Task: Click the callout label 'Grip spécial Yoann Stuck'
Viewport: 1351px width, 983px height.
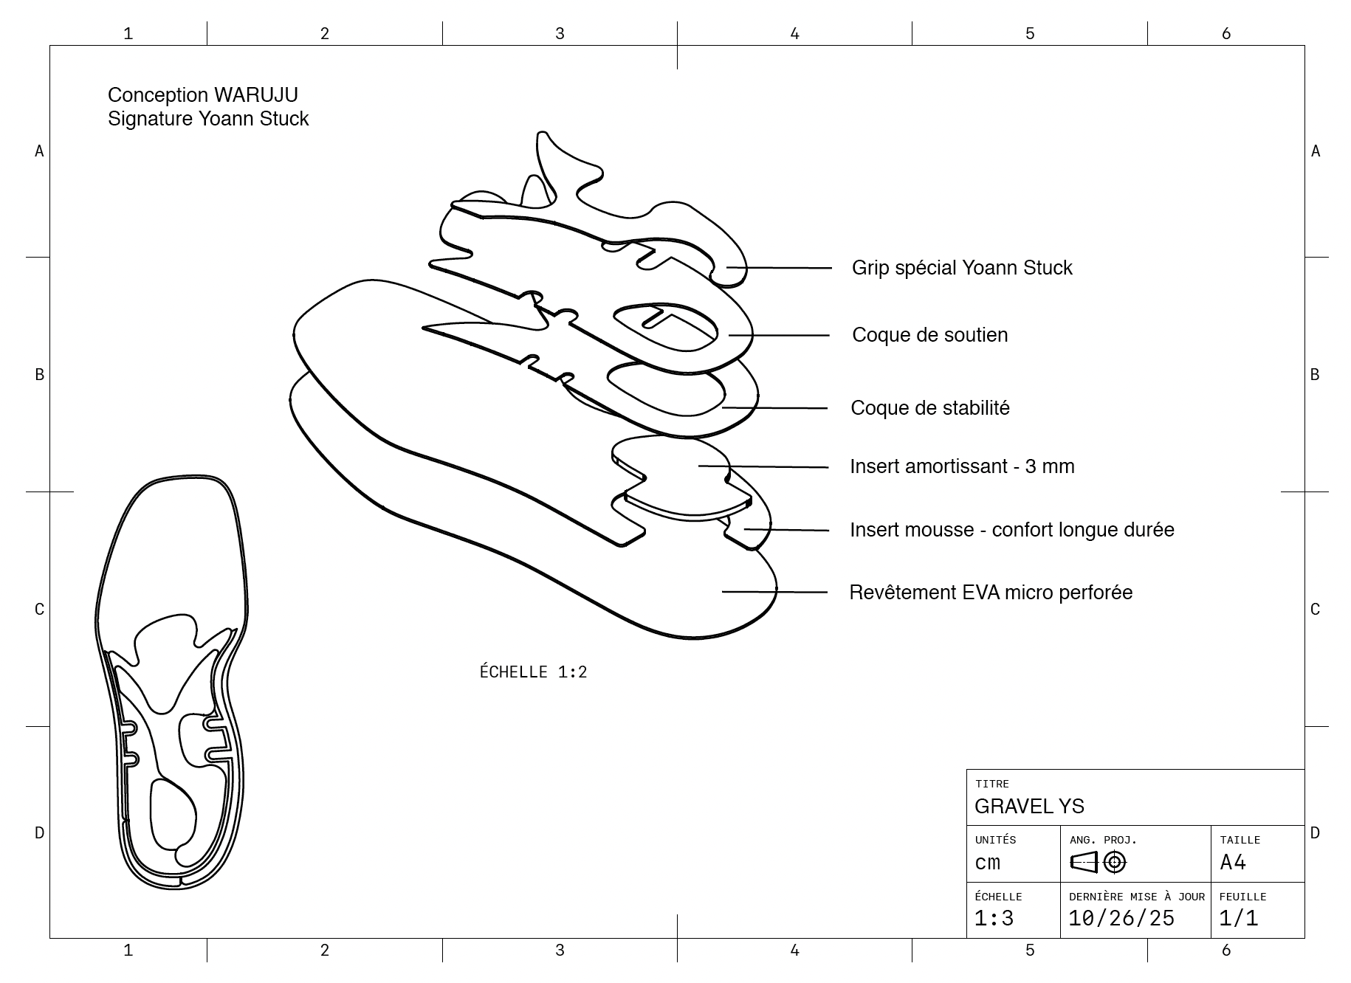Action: [x=961, y=268]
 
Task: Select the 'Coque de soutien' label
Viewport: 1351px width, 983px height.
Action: [x=929, y=335]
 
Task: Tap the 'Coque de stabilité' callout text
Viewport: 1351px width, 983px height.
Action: [x=929, y=408]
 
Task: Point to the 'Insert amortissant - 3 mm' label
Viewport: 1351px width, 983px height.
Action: [x=961, y=466]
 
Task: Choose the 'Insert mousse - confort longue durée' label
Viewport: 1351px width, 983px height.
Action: [x=1011, y=530]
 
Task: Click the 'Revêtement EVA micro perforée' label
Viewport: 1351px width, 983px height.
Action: [x=990, y=593]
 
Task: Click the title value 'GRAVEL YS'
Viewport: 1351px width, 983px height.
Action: [x=1029, y=806]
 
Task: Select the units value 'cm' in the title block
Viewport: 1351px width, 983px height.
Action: [x=987, y=863]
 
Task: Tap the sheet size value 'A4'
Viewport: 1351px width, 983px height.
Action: [x=1233, y=863]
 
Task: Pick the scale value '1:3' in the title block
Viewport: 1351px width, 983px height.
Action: [x=994, y=919]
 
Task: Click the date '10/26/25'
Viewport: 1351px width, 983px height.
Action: [x=1121, y=919]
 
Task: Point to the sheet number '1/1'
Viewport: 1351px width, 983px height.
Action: [x=1238, y=919]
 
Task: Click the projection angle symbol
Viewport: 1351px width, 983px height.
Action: [x=1098, y=862]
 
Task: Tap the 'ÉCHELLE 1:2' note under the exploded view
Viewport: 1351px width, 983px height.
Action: [x=533, y=672]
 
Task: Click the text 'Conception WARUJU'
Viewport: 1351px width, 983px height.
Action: [x=202, y=95]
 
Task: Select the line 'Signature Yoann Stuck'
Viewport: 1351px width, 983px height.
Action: [x=207, y=119]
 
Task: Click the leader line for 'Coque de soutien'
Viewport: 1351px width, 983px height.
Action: [x=779, y=335]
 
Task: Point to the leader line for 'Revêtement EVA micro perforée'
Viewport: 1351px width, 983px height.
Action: [x=774, y=592]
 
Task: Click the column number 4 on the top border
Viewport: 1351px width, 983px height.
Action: [x=794, y=33]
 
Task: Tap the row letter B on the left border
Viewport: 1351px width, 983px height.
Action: [x=39, y=375]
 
